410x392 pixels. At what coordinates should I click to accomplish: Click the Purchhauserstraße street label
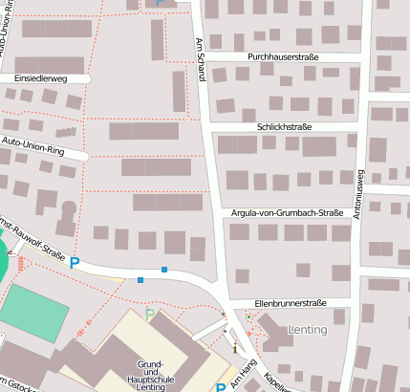282,57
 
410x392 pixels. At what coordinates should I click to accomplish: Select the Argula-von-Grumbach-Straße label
287,212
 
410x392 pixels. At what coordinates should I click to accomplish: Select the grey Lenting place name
306,330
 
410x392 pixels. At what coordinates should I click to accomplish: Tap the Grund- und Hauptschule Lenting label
154,376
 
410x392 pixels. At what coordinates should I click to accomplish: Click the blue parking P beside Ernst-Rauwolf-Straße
74,263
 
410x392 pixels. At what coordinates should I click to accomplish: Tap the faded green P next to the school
149,313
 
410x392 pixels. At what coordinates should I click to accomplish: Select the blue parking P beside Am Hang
221,387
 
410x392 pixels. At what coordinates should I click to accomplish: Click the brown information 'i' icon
234,349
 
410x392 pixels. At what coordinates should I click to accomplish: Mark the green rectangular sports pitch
32,310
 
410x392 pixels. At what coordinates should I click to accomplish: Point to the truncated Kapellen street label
277,381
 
